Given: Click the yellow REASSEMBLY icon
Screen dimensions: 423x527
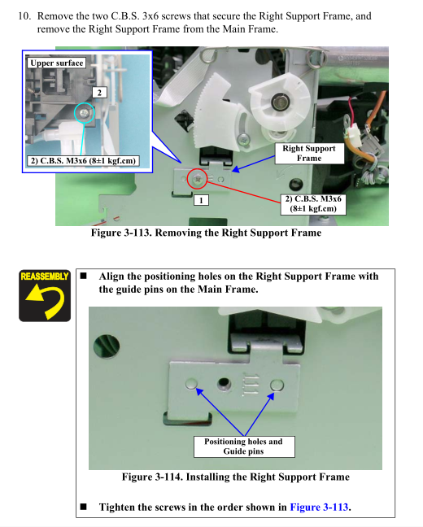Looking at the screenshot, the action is [x=45, y=295].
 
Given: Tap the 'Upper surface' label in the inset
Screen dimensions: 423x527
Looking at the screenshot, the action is [x=56, y=63].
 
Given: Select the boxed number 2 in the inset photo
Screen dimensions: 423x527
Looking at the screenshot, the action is [x=99, y=93].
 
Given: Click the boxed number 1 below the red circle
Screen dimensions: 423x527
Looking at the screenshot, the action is [x=201, y=200].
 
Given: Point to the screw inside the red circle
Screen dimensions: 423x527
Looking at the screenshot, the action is [x=198, y=179].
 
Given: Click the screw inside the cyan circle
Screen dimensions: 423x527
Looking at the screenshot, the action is [x=84, y=113].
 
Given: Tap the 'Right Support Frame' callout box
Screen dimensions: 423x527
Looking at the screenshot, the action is [x=309, y=153].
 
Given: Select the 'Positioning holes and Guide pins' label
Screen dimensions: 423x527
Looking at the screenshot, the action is [x=244, y=446].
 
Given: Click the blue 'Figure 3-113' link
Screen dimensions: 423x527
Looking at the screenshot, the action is [x=319, y=507].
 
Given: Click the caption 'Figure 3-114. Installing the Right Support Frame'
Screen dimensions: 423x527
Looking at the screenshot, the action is [x=235, y=477].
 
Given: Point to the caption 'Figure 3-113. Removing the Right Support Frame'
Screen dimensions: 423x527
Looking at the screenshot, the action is [x=206, y=233].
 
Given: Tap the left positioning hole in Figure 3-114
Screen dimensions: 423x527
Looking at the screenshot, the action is [x=192, y=384].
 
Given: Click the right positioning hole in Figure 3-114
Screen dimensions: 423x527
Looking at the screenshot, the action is [x=277, y=385].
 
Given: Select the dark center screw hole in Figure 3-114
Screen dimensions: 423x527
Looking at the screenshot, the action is [x=224, y=384].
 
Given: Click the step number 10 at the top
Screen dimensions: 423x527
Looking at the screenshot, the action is [x=24, y=15].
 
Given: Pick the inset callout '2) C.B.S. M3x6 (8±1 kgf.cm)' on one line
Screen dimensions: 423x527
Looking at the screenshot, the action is [x=83, y=161].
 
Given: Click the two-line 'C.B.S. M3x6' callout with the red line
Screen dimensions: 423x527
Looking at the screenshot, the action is [x=313, y=203].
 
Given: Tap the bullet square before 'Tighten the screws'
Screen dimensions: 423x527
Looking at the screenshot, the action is [x=84, y=507].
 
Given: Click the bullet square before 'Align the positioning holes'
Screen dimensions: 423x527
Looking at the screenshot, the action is [x=84, y=276].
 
